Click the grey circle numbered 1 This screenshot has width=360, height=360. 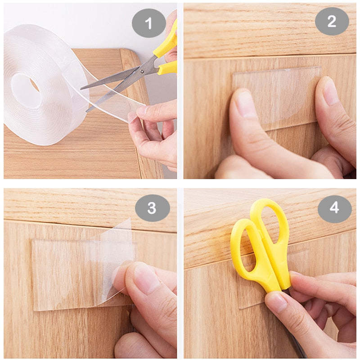click(148, 21)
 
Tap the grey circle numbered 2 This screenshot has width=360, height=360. click(332, 21)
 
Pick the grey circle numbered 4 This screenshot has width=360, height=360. click(334, 208)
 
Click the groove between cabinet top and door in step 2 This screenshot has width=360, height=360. click(270, 57)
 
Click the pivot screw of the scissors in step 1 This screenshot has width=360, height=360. click(143, 71)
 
